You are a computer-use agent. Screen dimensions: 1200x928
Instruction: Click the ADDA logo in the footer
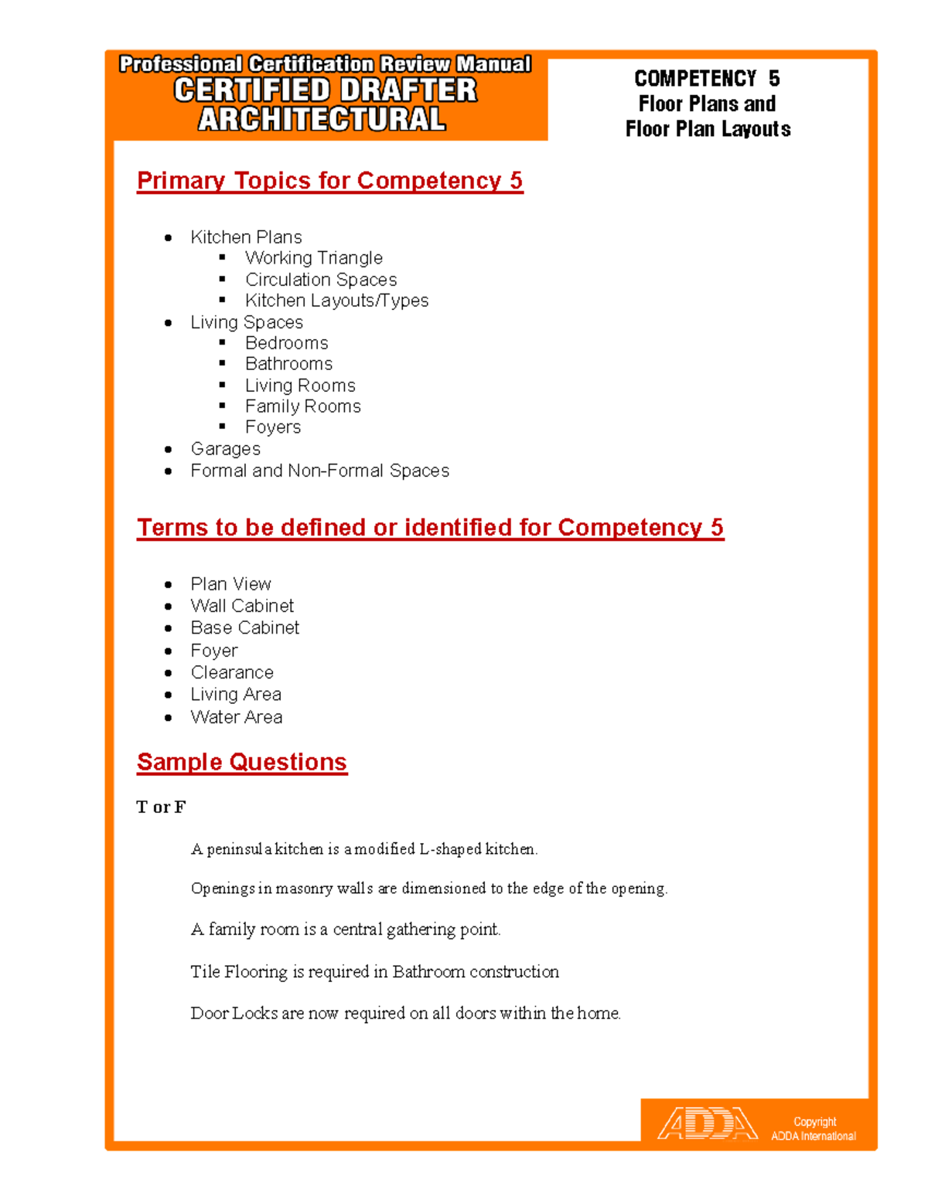coord(707,1124)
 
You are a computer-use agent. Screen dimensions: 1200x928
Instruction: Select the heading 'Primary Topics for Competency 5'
coord(329,181)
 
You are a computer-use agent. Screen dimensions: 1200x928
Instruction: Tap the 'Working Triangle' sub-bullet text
coord(313,258)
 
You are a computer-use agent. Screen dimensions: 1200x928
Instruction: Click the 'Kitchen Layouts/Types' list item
coord(336,301)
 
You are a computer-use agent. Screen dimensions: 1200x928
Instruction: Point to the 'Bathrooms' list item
coord(288,364)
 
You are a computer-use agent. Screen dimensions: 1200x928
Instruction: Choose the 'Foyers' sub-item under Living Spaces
coord(272,427)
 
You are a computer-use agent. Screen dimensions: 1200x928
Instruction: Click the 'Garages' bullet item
coord(225,449)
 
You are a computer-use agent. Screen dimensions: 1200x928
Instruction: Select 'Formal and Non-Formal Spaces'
coord(319,471)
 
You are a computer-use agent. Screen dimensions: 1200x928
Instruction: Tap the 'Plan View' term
coord(230,584)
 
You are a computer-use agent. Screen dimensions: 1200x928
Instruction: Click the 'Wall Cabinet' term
coord(242,606)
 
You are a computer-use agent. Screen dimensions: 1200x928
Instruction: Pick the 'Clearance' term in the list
coord(232,672)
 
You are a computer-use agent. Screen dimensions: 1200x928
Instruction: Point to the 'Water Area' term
coord(236,717)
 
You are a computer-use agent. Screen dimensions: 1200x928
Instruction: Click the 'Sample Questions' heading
coord(241,763)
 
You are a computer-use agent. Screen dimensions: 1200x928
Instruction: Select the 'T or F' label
coord(161,807)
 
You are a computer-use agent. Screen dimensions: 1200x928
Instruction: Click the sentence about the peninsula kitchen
coord(363,849)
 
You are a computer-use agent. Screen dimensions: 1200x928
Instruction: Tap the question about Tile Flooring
coord(374,972)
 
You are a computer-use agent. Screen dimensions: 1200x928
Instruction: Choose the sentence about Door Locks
coord(405,1013)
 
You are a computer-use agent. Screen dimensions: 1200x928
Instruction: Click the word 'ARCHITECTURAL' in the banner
coord(322,120)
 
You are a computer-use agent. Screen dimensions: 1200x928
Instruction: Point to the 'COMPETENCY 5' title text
coord(707,79)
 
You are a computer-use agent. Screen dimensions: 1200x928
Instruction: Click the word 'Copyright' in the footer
coord(814,1122)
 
